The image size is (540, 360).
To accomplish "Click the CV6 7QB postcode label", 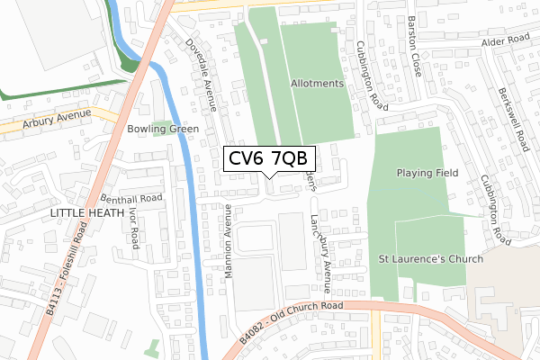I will click(267, 159).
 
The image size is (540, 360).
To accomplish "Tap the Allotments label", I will click(318, 84).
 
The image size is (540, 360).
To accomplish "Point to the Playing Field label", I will click(427, 173).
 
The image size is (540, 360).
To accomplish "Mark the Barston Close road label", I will click(415, 59).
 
